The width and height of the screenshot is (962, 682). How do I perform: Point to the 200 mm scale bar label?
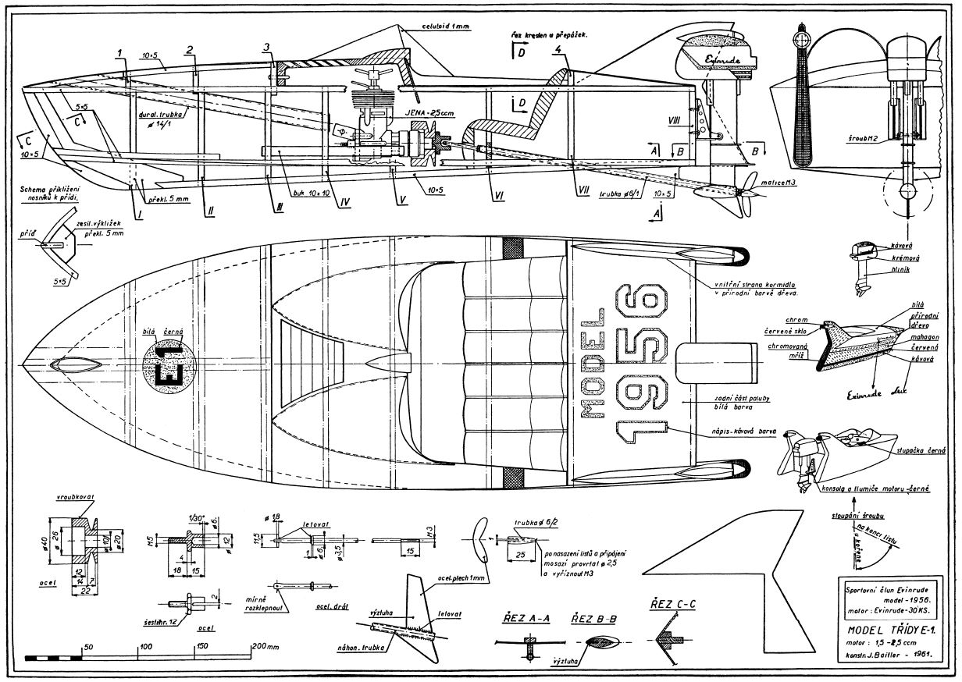pos(265,647)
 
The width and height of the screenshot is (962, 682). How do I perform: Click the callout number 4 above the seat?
pos(557,49)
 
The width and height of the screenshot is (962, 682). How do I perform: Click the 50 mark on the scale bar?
pos(89,647)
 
